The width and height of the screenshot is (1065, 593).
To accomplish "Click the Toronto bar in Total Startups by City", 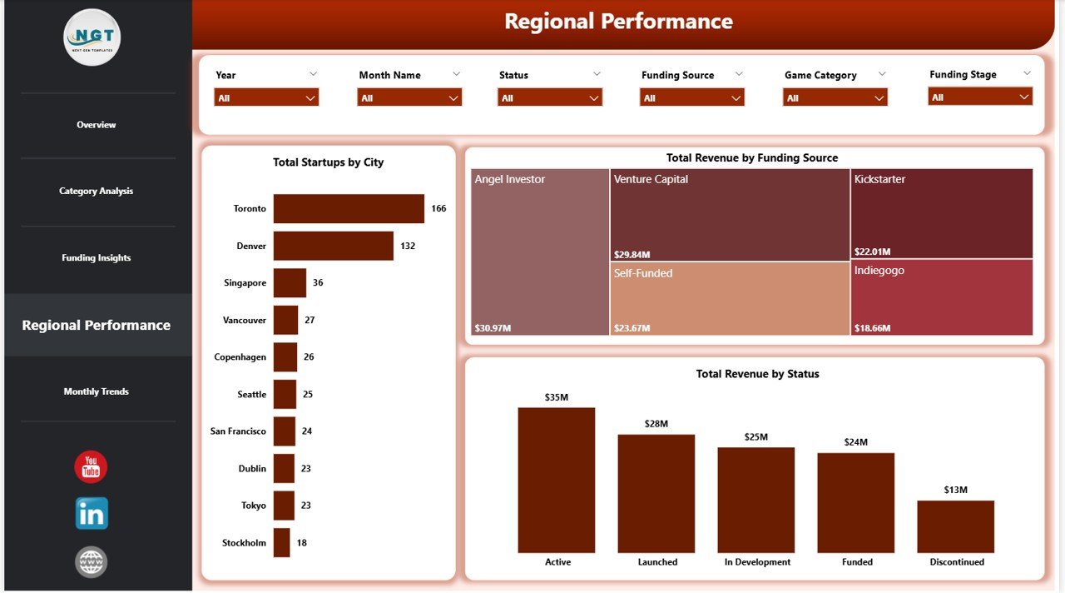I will click(x=349, y=209).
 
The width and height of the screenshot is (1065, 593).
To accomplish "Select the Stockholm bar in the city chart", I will click(x=281, y=543).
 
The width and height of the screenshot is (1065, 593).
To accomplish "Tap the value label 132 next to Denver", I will click(x=408, y=246).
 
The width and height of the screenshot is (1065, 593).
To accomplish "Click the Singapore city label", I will click(x=245, y=283).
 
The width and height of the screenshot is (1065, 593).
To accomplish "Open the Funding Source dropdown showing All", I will click(x=692, y=97).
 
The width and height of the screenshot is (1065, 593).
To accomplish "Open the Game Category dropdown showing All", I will click(x=835, y=97).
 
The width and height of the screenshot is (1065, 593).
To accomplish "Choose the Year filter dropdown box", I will click(x=266, y=97).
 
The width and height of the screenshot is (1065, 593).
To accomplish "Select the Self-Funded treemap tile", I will click(x=730, y=298).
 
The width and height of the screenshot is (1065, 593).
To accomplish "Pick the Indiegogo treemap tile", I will click(x=942, y=298).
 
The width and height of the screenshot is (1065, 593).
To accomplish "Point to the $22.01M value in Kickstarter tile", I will click(x=872, y=252).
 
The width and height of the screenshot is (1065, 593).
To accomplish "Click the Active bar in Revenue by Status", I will click(x=557, y=481).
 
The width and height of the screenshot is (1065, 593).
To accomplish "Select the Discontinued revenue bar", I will click(x=956, y=527).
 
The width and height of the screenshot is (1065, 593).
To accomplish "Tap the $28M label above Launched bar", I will click(x=656, y=424).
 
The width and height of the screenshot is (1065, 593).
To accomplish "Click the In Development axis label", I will click(x=757, y=562).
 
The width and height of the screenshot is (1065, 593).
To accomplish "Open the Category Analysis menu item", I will click(x=97, y=192).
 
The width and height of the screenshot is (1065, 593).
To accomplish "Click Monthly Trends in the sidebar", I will click(x=97, y=391).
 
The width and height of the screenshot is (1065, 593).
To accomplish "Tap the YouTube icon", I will click(x=91, y=467).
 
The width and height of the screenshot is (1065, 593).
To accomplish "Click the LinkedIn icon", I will click(x=92, y=514).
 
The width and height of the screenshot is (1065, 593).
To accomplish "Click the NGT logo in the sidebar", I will click(x=92, y=37).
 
